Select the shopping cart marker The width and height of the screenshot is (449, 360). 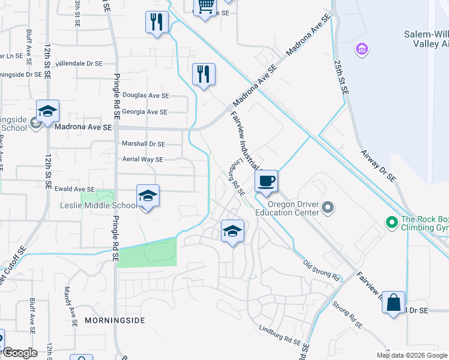(205, 6)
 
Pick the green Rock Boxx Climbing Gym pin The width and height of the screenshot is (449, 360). (392, 223)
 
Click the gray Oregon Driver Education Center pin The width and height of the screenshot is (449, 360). (327, 208)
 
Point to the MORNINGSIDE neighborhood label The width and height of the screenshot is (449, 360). (115, 320)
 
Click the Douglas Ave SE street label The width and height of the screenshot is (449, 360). (145, 95)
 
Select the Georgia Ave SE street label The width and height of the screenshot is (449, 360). (145, 112)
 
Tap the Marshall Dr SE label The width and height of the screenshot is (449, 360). (143, 144)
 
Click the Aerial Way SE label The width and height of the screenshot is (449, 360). (142, 160)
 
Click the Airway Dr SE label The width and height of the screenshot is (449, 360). (378, 166)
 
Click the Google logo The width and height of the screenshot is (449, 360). (20, 353)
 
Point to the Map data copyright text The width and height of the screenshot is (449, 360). (411, 355)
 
